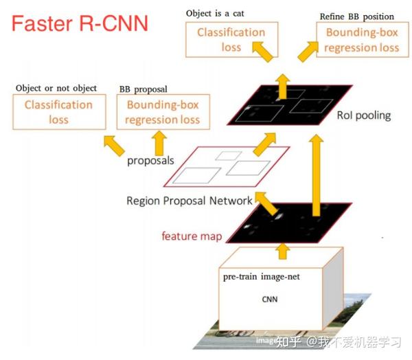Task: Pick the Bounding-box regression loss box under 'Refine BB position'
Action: coord(361,40)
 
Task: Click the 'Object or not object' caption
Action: coord(56,88)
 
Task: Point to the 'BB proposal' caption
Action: coord(143,89)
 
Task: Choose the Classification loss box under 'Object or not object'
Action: coord(58,112)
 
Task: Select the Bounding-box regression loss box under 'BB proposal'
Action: coord(162,112)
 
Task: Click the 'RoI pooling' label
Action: coord(364,115)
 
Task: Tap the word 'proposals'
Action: coord(149,161)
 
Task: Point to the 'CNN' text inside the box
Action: coord(270,300)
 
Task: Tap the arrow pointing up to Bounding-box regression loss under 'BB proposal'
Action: coord(160,142)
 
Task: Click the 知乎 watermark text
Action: coord(289,341)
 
